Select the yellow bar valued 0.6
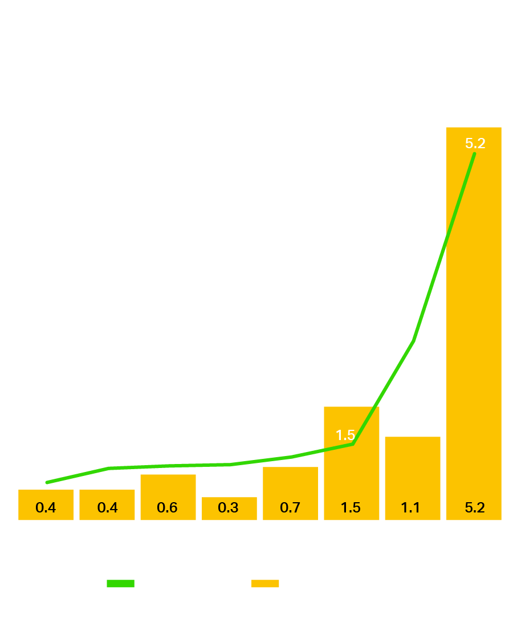(168, 490)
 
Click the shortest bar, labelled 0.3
(229, 502)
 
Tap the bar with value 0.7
(290, 485)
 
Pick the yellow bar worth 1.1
(413, 467)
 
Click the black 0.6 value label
(167, 507)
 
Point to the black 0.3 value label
(228, 507)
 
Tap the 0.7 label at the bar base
(290, 507)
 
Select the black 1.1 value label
(410, 507)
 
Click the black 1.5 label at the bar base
(351, 507)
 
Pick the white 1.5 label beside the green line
(345, 436)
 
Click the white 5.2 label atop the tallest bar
(475, 144)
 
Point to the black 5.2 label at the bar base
(474, 507)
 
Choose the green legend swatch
(120, 584)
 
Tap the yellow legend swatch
(265, 584)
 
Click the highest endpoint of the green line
(474, 154)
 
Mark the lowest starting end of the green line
(47, 482)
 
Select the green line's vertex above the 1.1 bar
(413, 341)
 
